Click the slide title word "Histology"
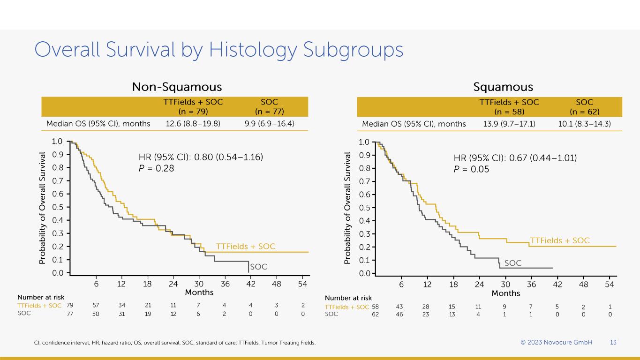[257, 50]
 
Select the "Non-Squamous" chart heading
[177, 87]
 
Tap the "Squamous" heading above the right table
[503, 87]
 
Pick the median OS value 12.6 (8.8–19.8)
[193, 124]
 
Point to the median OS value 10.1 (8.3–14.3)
[584, 124]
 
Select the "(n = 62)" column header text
[584, 112]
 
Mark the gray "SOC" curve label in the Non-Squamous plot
[258, 267]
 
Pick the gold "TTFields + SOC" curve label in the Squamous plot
[559, 240]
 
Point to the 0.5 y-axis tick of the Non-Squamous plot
[57, 207]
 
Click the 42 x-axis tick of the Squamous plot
[557, 284]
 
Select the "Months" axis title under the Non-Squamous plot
[199, 292]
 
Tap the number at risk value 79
[70, 306]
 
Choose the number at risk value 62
[375, 315]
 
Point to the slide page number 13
[613, 342]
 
